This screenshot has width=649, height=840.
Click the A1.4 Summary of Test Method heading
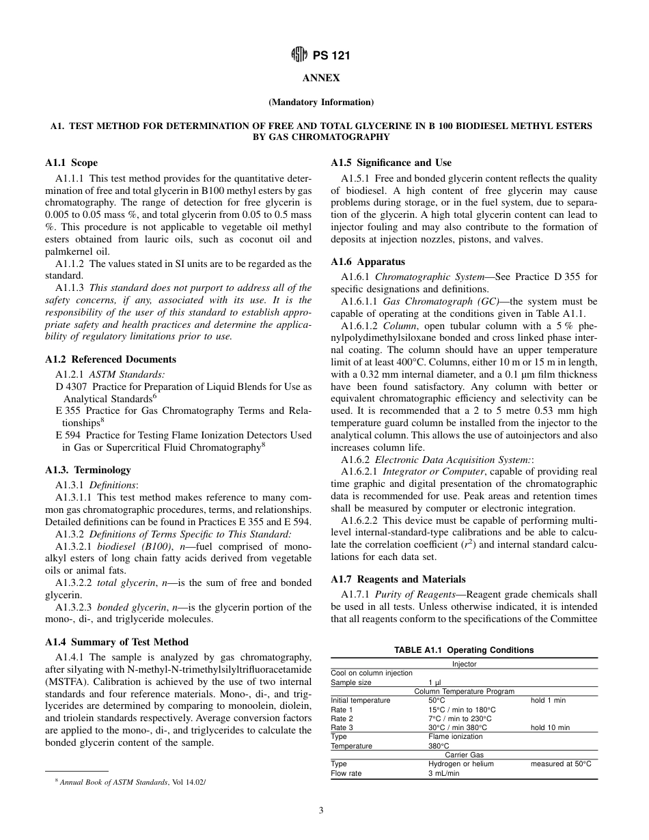(x=117, y=642)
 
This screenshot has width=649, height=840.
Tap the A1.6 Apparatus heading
(x=368, y=262)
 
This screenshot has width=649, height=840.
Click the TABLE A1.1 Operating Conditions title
(x=464, y=650)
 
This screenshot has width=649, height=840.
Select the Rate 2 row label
(x=342, y=718)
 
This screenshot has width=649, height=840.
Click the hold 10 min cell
(x=550, y=727)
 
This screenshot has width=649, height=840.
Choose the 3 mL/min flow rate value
(x=443, y=773)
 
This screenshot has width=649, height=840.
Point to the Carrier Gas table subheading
(x=464, y=755)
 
